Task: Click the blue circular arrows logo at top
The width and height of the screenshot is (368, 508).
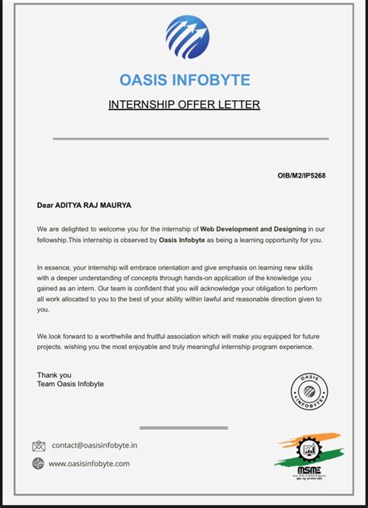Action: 187,37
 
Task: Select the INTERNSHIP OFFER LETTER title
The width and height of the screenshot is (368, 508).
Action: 184,105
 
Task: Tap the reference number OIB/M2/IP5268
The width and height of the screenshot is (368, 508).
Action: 301,176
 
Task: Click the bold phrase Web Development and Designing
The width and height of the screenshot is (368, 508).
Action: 253,230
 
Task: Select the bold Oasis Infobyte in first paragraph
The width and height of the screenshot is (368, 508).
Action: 184,240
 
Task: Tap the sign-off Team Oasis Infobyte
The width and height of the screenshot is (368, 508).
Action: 70,385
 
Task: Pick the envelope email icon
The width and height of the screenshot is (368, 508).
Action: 39,446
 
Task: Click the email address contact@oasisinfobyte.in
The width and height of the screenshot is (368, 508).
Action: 94,446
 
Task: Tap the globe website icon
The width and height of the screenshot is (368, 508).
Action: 39,464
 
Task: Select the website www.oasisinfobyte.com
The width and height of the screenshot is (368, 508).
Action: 89,464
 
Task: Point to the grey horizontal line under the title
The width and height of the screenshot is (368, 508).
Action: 190,139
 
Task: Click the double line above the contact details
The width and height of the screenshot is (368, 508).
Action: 183,427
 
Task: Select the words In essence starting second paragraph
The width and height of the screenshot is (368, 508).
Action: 54,268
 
